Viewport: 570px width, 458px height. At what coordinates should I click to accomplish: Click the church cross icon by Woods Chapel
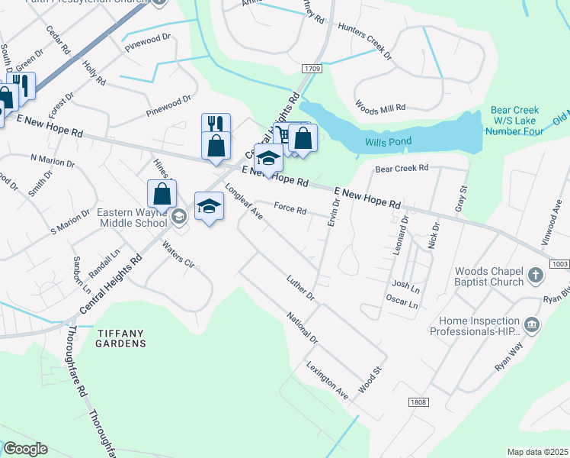(536, 275)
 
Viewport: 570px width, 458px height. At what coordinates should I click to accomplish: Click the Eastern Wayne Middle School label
(132, 218)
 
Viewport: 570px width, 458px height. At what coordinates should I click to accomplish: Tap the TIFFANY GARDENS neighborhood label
(120, 338)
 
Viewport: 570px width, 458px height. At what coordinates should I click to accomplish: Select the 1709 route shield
(311, 69)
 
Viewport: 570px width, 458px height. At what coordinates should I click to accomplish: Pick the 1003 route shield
(559, 263)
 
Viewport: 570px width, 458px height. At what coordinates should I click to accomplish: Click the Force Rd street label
(290, 208)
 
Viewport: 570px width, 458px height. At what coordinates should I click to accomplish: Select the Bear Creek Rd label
(402, 167)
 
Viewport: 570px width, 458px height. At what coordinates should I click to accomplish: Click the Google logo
(24, 449)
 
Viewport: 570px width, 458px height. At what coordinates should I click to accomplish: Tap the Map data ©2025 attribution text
(537, 452)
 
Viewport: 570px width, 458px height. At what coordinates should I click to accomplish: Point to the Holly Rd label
(95, 73)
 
